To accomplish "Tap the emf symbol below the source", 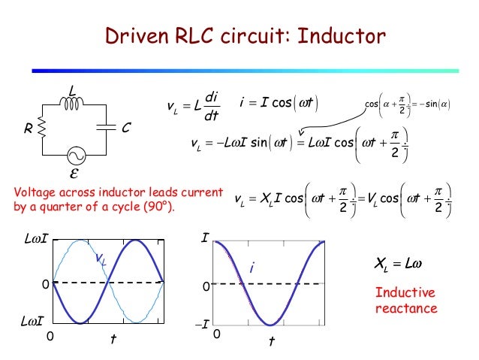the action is [74, 175].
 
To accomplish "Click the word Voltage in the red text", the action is [35, 193].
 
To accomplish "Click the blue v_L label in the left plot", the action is [100, 259].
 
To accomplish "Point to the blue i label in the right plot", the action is [252, 267].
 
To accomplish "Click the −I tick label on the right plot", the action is [200, 325].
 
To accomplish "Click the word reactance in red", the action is [405, 308].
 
